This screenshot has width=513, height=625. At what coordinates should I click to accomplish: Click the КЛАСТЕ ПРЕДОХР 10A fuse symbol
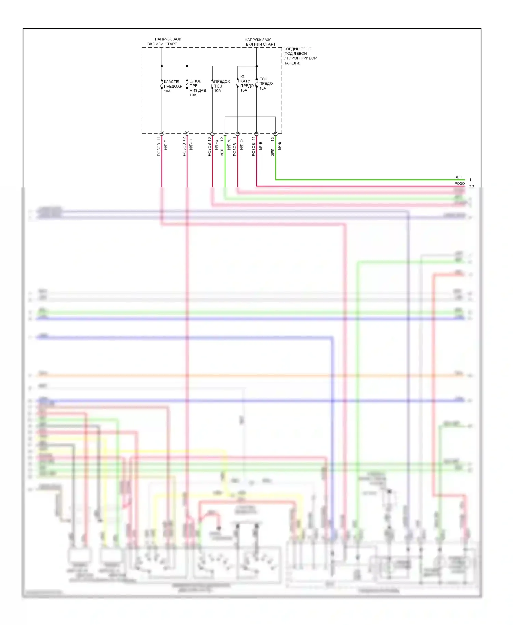pyautogui.click(x=162, y=84)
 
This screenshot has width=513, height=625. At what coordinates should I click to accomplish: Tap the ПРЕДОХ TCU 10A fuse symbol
pyautogui.click(x=212, y=84)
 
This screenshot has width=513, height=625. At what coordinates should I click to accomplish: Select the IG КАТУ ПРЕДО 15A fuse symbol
pyautogui.click(x=238, y=83)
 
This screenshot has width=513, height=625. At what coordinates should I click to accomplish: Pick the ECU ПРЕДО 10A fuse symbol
pyautogui.click(x=256, y=83)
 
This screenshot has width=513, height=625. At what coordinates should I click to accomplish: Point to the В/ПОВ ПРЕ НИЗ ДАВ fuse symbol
pyautogui.click(x=187, y=84)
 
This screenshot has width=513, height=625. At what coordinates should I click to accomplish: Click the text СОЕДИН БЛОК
pyautogui.click(x=297, y=49)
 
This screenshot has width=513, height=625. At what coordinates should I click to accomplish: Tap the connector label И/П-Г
pyautogui.click(x=166, y=145)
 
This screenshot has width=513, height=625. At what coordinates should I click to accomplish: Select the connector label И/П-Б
pyautogui.click(x=216, y=144)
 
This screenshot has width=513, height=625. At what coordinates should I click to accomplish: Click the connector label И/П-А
pyautogui.click(x=229, y=144)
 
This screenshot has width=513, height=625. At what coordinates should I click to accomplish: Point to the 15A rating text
pyautogui.click(x=244, y=90)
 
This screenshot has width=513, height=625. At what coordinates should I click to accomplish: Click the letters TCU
pyautogui.click(x=218, y=86)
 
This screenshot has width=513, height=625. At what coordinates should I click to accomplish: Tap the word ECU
pyautogui.click(x=263, y=79)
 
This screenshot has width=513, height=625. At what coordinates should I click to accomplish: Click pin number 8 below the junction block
pyautogui.click(x=234, y=138)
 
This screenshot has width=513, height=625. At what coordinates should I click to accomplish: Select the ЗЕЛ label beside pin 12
pyautogui.click(x=222, y=152)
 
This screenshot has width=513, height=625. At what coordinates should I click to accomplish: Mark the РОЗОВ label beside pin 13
pyautogui.click(x=209, y=150)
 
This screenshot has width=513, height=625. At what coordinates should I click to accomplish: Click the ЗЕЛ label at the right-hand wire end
pyautogui.click(x=458, y=177)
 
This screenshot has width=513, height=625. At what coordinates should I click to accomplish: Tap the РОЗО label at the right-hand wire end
pyautogui.click(x=459, y=184)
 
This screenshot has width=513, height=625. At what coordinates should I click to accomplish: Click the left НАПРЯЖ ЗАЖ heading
pyautogui.click(x=168, y=39)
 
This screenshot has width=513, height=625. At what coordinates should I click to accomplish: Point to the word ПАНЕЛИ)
pyautogui.click(x=292, y=63)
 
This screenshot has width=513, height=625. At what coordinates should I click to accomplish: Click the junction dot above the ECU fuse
pyautogui.click(x=256, y=66)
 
